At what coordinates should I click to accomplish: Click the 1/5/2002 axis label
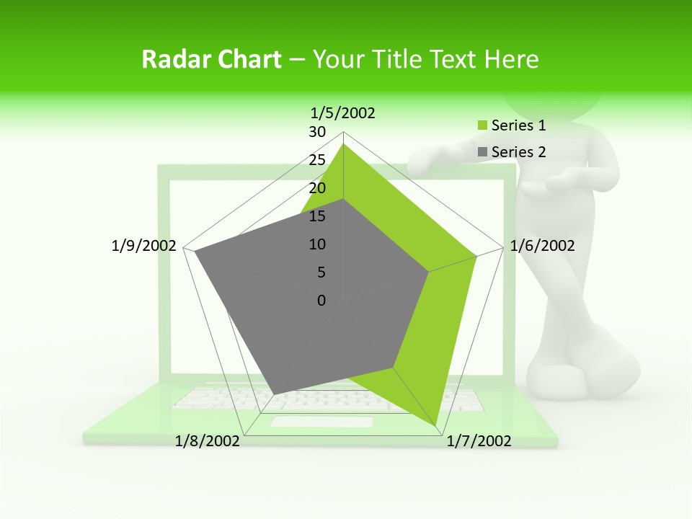coord(342,112)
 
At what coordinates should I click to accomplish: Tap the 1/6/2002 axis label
coord(542,246)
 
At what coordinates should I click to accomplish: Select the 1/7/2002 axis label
coord(479,441)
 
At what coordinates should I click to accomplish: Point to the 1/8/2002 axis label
coord(208,441)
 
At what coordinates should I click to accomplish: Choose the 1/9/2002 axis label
coord(143,246)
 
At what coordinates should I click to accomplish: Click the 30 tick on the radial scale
coord(316,132)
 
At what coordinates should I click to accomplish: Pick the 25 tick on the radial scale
coord(316,160)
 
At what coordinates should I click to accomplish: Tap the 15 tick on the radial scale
coord(316,216)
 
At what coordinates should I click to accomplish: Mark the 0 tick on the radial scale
coord(321,301)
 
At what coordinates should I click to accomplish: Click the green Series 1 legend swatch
coord(483,126)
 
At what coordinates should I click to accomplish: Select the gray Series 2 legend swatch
coord(483,152)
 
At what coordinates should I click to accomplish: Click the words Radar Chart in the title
coord(211,59)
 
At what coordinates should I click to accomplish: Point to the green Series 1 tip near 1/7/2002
coord(435,425)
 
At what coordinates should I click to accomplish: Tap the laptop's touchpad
coord(321,422)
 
